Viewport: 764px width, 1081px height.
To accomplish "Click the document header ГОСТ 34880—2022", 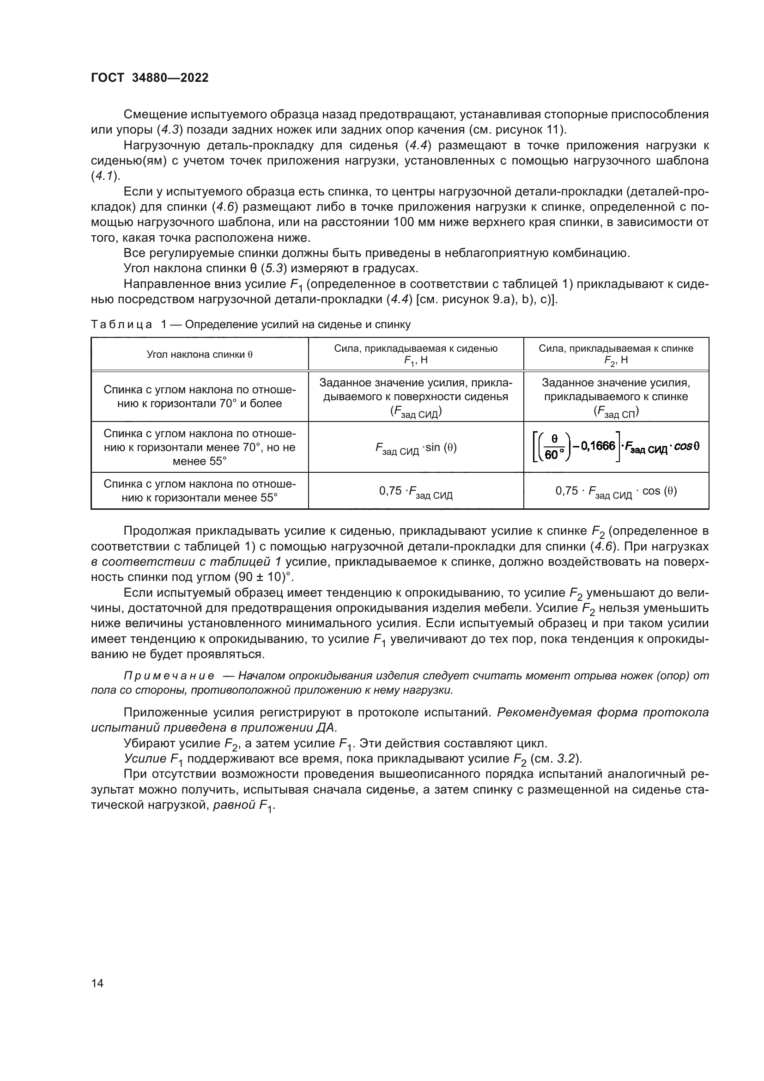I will coord(150,78).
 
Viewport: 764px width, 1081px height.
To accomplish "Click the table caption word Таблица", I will coord(121,324).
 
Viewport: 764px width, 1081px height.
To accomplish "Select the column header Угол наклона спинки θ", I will coord(200,354).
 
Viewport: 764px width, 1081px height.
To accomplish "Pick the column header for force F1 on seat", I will coord(416,354).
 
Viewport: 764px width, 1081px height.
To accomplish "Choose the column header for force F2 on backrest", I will coord(616,354).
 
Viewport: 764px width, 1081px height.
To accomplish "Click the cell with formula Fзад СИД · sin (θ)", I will coord(416,448).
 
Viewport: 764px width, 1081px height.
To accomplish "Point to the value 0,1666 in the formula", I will coord(598,446).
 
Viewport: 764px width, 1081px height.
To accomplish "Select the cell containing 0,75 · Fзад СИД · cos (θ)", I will coord(616,492).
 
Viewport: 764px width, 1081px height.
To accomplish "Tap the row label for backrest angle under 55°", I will coord(200,491).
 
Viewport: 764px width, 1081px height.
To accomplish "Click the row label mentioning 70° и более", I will coord(200,397).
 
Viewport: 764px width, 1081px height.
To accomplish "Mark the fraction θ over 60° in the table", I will coord(554,447).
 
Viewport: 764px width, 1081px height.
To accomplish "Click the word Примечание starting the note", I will coord(169,676).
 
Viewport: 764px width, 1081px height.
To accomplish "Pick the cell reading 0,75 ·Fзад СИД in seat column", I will coord(416,492).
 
